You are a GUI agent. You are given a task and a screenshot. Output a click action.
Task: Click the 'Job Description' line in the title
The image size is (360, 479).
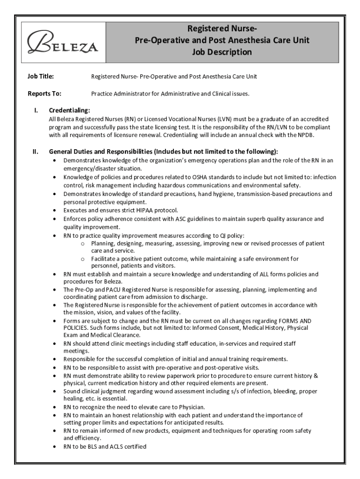(222, 52)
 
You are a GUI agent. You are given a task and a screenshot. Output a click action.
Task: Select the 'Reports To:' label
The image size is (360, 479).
(44, 94)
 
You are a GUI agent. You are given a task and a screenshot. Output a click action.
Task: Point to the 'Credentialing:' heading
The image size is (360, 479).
(69, 110)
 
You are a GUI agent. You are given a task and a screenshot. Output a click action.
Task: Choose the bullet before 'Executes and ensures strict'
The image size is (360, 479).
(56, 210)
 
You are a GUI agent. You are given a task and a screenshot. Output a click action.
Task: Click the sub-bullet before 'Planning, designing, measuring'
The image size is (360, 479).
(82, 244)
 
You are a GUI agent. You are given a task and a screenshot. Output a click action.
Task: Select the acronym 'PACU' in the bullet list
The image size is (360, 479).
(105, 290)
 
